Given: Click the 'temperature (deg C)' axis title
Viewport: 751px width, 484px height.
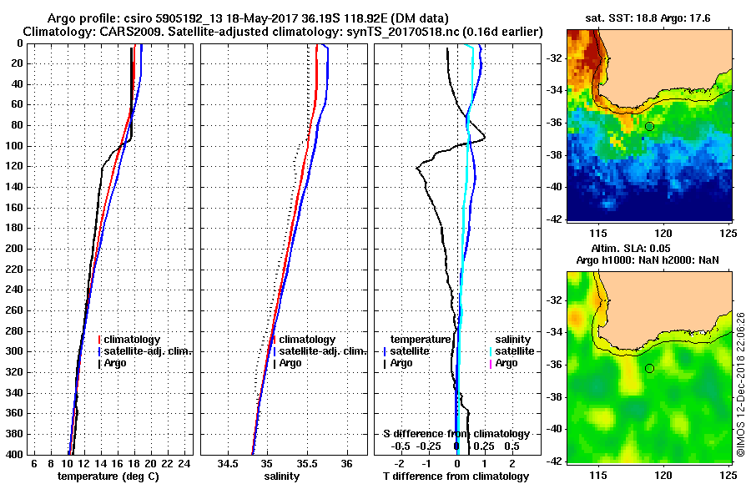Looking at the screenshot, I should pyautogui.click(x=108, y=476).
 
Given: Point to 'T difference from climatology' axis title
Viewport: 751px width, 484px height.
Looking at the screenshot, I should pyautogui.click(x=456, y=476).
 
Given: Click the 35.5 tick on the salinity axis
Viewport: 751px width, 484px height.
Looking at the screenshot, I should pyautogui.click(x=307, y=463).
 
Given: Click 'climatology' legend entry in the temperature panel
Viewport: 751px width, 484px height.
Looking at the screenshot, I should pyautogui.click(x=132, y=340).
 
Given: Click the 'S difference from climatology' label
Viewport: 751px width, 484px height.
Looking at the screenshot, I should pyautogui.click(x=456, y=434).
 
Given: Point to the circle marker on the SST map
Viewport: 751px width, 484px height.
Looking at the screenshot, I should pyautogui.click(x=649, y=126).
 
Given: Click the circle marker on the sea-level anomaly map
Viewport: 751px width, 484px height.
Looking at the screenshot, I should pyautogui.click(x=649, y=368).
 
